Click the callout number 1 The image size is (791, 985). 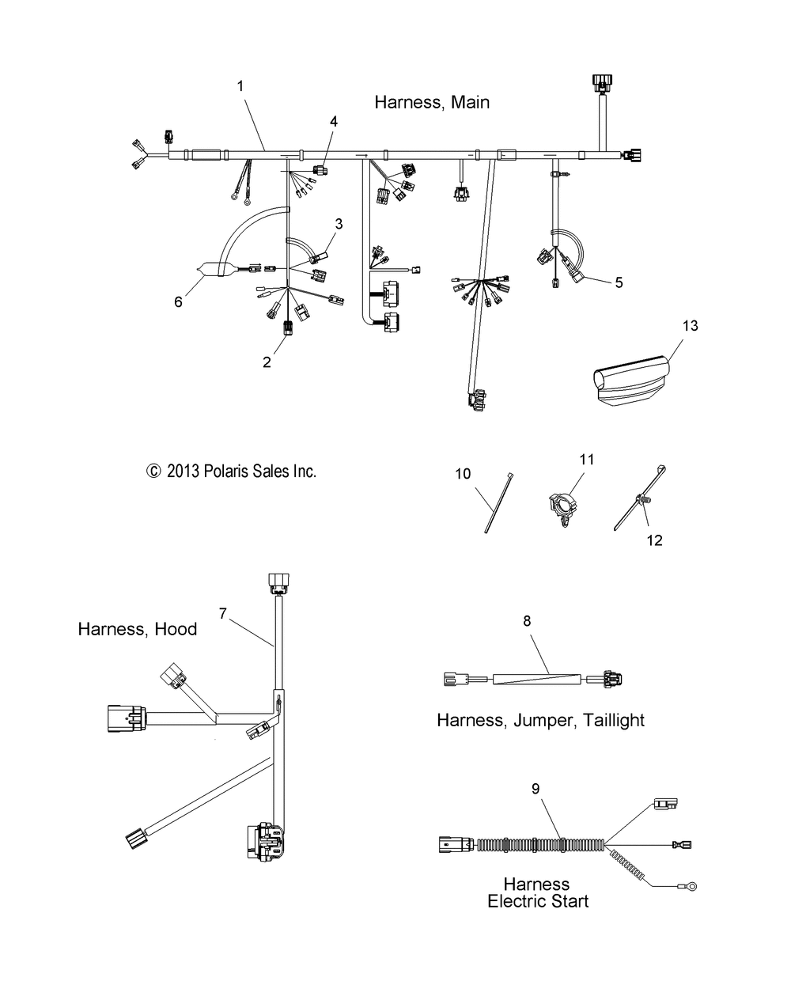[x=240, y=86]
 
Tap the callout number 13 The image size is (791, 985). [x=690, y=325]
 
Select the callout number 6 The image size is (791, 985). [x=178, y=301]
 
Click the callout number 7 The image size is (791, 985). [x=223, y=612]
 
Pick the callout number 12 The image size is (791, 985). [x=654, y=540]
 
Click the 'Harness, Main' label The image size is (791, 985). [x=432, y=102]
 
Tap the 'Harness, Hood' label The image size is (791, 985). [x=138, y=629]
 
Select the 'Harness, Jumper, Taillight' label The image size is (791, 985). [x=540, y=720]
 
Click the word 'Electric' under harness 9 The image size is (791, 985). [x=538, y=901]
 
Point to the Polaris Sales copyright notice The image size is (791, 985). [x=231, y=472]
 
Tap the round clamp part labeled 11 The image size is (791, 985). [x=563, y=506]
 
